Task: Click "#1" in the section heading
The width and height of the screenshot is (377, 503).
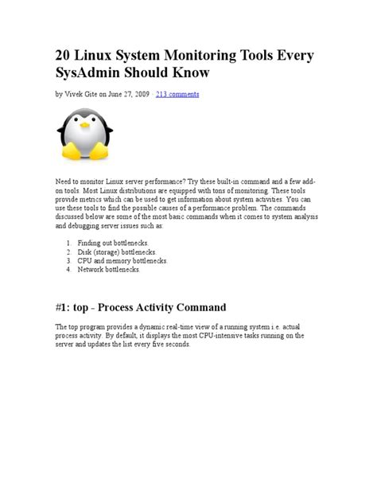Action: [x=64, y=307]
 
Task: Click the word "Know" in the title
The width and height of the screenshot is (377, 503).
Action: [x=188, y=73]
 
